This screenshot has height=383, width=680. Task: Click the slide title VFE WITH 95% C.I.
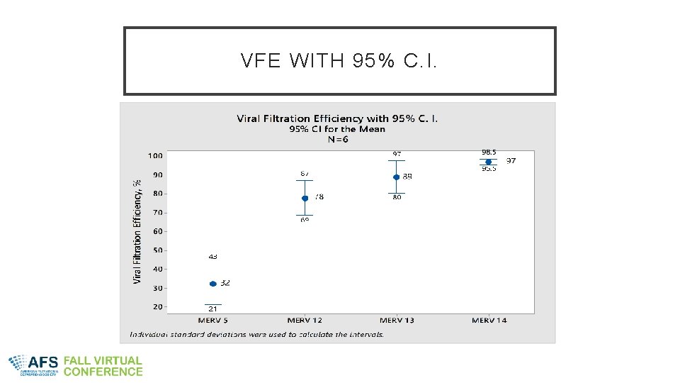click(339, 62)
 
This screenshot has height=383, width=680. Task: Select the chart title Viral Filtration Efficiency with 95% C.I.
click(337, 118)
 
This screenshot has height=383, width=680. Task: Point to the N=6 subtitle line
click(337, 139)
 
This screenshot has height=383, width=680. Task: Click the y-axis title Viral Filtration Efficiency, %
click(137, 231)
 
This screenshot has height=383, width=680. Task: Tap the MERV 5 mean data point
click(213, 284)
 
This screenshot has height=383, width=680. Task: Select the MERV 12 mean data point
click(305, 199)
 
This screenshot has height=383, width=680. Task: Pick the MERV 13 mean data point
click(397, 177)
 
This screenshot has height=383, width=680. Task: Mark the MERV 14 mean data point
click(488, 162)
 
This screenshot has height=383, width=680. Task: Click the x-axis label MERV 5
click(213, 321)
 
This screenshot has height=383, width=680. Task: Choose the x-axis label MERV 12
click(305, 321)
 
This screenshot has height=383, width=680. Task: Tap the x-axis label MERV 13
click(397, 321)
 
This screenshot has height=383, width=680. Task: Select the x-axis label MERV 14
click(489, 321)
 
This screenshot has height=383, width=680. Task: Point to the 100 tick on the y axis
click(155, 156)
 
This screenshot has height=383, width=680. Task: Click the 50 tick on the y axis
click(157, 250)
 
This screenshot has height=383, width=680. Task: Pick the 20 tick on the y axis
click(157, 307)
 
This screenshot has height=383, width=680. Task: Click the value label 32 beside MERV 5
click(225, 283)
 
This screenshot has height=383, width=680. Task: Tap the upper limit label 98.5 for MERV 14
click(489, 152)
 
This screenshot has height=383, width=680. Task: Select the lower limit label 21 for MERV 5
click(212, 309)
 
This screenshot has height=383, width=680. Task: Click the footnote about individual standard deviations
click(256, 334)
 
